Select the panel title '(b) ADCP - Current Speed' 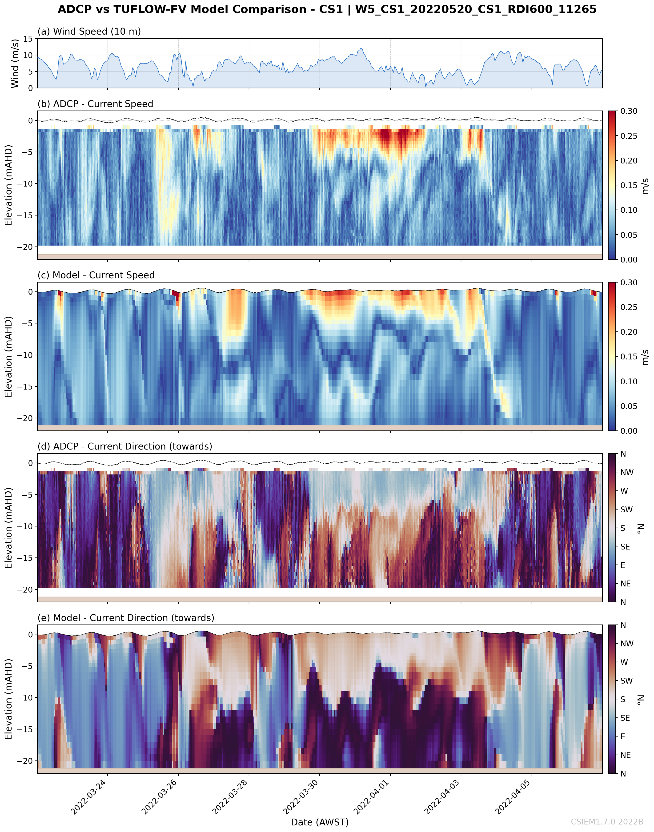point(95,104)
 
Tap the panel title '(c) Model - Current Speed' point(96,275)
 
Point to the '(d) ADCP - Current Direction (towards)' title point(125,446)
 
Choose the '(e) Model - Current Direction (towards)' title point(126,618)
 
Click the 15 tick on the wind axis point(28,39)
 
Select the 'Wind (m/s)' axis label point(15,63)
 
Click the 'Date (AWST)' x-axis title point(320,822)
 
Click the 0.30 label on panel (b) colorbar point(629,111)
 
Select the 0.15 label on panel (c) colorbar point(629,357)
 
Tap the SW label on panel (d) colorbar point(626,509)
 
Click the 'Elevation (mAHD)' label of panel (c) point(8,357)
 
